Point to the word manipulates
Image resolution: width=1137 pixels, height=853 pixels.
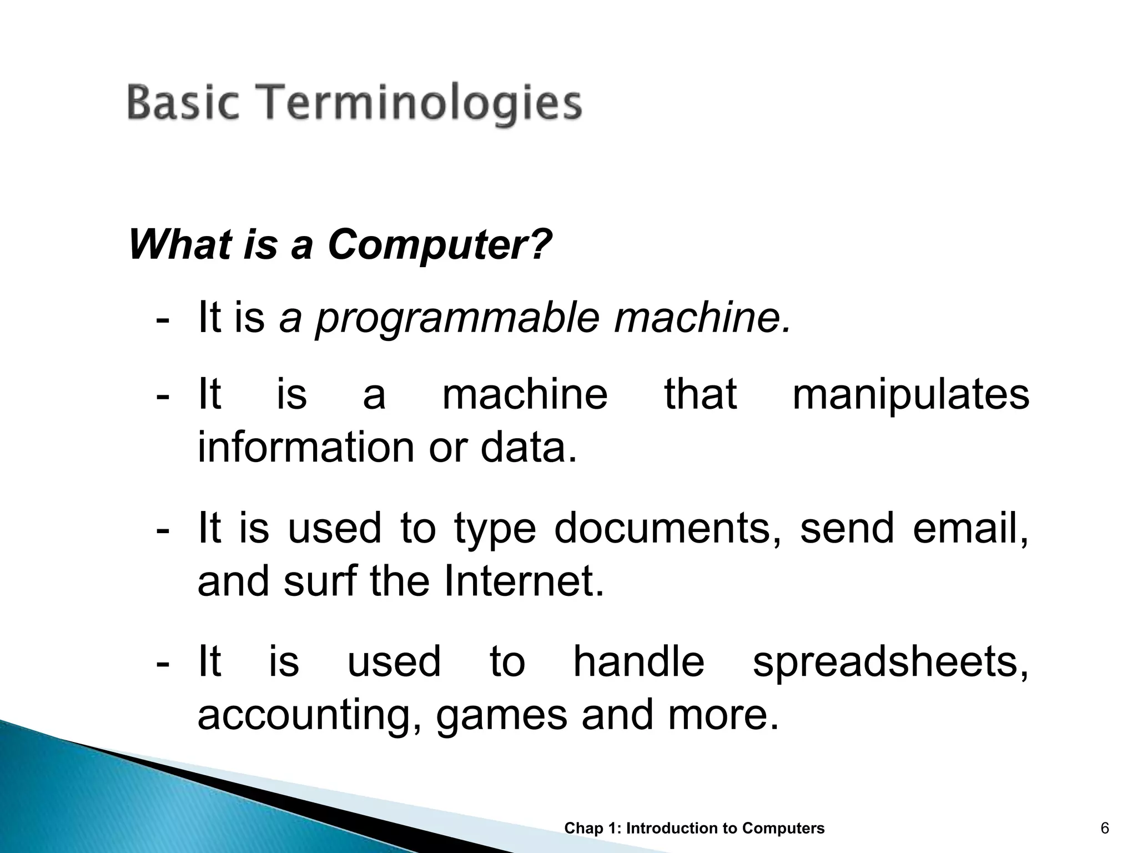tap(910, 395)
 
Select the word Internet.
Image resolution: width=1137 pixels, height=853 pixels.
tap(524, 582)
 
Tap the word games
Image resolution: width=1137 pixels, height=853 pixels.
tap(501, 716)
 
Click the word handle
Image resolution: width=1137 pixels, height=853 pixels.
tap(638, 662)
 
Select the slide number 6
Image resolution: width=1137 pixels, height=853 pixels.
tap(1105, 829)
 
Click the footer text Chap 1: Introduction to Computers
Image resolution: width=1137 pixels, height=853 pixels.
tap(694, 829)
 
